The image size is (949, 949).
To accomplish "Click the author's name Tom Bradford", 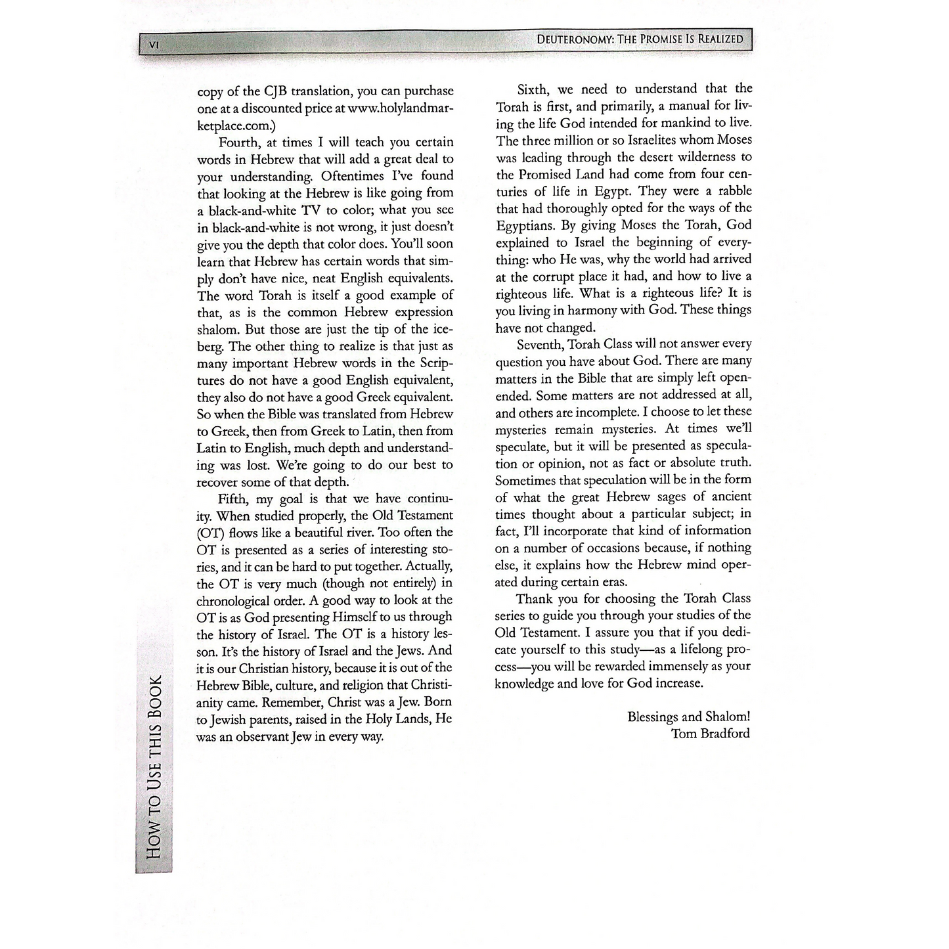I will point(710,734).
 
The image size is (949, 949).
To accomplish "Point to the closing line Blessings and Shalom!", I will point(688,717).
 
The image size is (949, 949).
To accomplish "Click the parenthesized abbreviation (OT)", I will point(211,533).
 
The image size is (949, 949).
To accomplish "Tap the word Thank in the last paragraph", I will point(535,599).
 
